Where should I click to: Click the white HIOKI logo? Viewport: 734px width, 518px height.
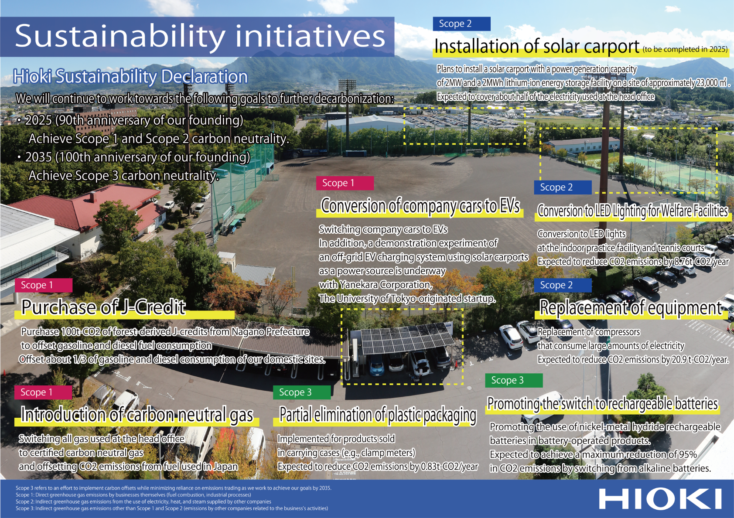[660, 498]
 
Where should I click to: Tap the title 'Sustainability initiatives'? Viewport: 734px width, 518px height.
[200, 36]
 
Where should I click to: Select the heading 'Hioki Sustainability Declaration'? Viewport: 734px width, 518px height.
[130, 77]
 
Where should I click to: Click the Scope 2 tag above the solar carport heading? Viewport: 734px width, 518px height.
[461, 24]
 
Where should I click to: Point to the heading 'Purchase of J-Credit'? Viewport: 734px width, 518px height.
[104, 307]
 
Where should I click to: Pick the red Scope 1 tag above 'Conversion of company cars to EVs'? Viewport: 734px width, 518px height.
[345, 183]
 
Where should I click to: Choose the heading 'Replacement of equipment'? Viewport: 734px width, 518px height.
[631, 308]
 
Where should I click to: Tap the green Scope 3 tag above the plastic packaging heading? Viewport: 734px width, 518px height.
[301, 392]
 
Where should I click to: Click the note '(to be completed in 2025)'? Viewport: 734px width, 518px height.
[685, 49]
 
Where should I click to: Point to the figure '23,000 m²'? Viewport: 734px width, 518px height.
[713, 83]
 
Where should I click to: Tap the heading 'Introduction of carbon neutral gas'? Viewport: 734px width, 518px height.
[137, 415]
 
